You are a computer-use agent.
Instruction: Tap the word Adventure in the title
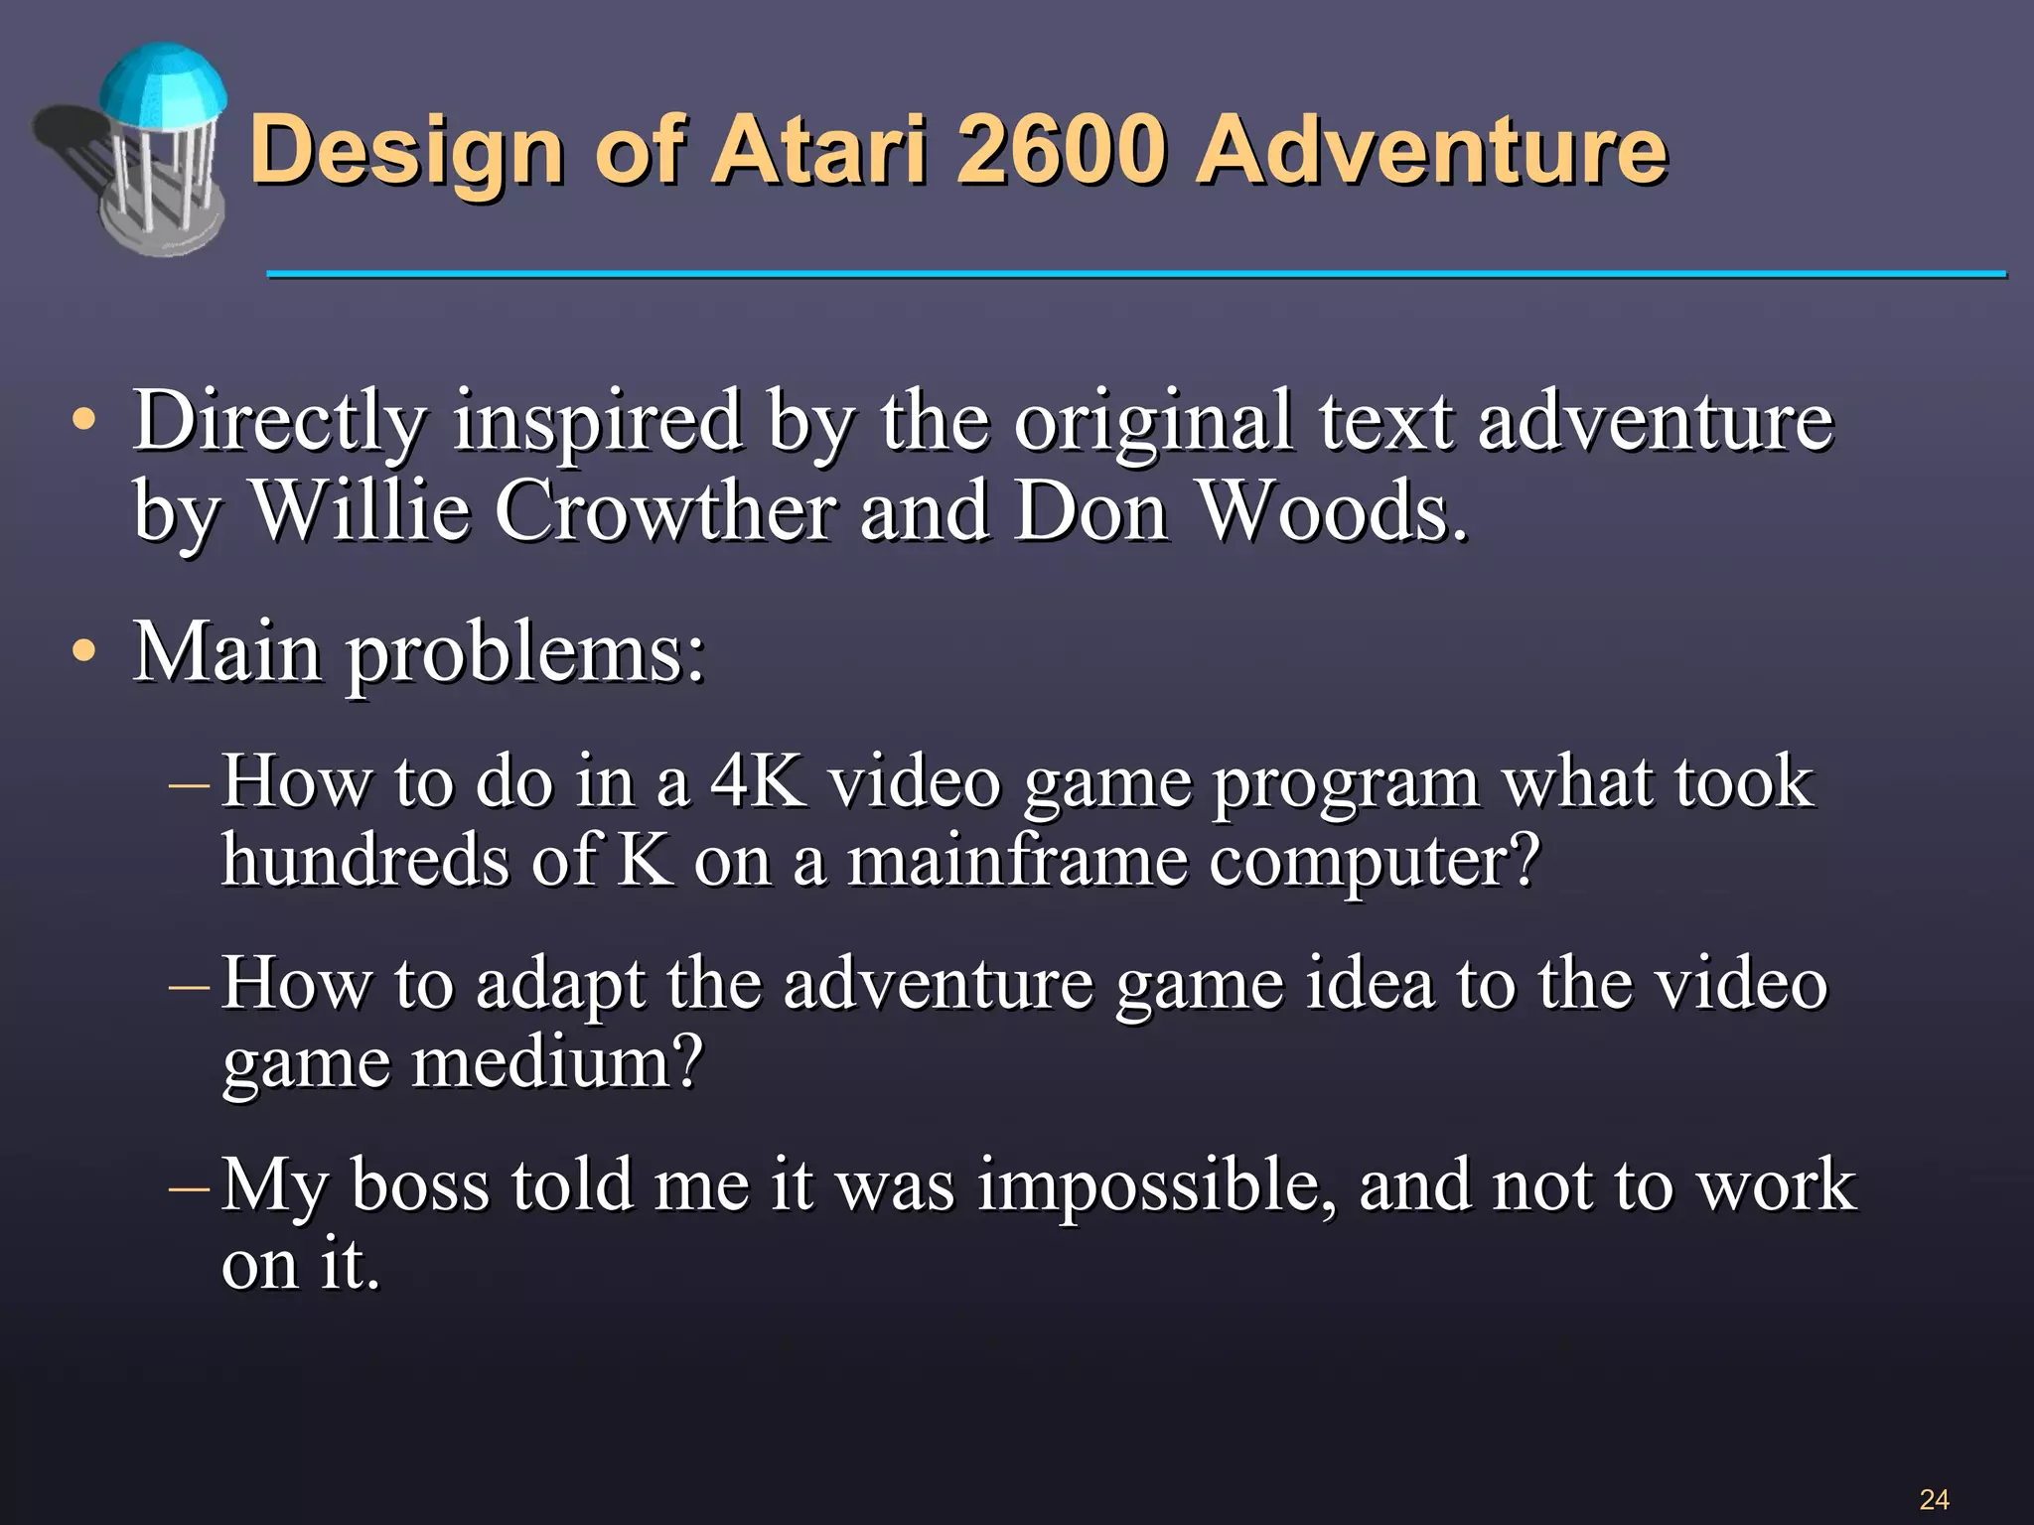[x=1430, y=151]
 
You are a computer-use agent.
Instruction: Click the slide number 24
[x=1933, y=1498]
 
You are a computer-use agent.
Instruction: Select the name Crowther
[x=664, y=510]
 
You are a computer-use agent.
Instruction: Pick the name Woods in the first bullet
[x=1331, y=510]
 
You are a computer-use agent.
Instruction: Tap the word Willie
[x=360, y=510]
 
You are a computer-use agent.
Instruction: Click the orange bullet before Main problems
[x=84, y=652]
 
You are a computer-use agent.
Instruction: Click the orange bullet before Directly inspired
[x=84, y=420]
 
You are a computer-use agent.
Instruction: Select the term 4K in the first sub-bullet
[x=757, y=781]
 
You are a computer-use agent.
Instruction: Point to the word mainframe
[x=1017, y=860]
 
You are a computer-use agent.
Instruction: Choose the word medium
[x=557, y=1062]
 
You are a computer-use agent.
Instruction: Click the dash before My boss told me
[x=189, y=1186]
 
